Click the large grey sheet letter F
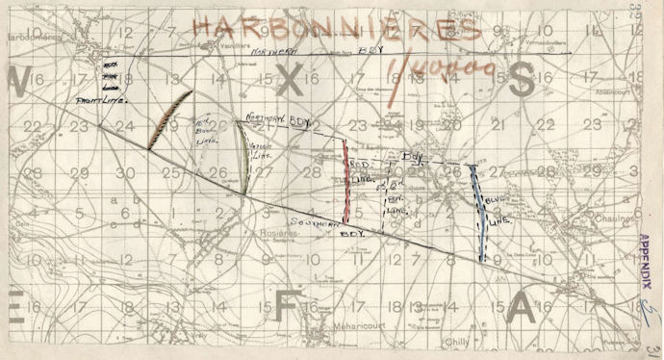pos(285,305)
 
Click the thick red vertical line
pos(345,182)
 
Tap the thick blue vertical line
pos(479,212)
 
